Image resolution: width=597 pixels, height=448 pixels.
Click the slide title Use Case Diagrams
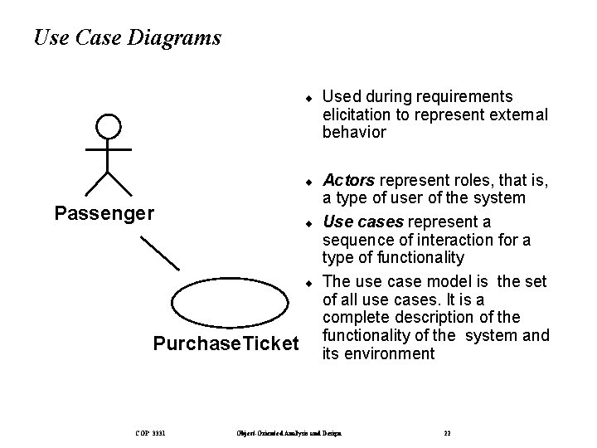[x=128, y=38]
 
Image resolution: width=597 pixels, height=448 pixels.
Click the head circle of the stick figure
[x=108, y=127]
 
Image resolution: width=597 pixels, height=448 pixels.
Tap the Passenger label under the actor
[x=104, y=213]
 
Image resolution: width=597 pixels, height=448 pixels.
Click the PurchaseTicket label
[x=226, y=343]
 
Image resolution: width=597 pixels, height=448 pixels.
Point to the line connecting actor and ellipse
[x=159, y=252]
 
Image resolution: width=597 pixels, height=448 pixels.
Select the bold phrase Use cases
[x=359, y=222]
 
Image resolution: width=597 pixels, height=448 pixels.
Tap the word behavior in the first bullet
[x=354, y=132]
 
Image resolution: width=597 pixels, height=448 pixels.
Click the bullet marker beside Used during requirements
[x=307, y=98]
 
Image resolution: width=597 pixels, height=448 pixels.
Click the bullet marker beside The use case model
[x=307, y=282]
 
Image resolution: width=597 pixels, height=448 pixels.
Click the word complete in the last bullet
[x=352, y=318]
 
